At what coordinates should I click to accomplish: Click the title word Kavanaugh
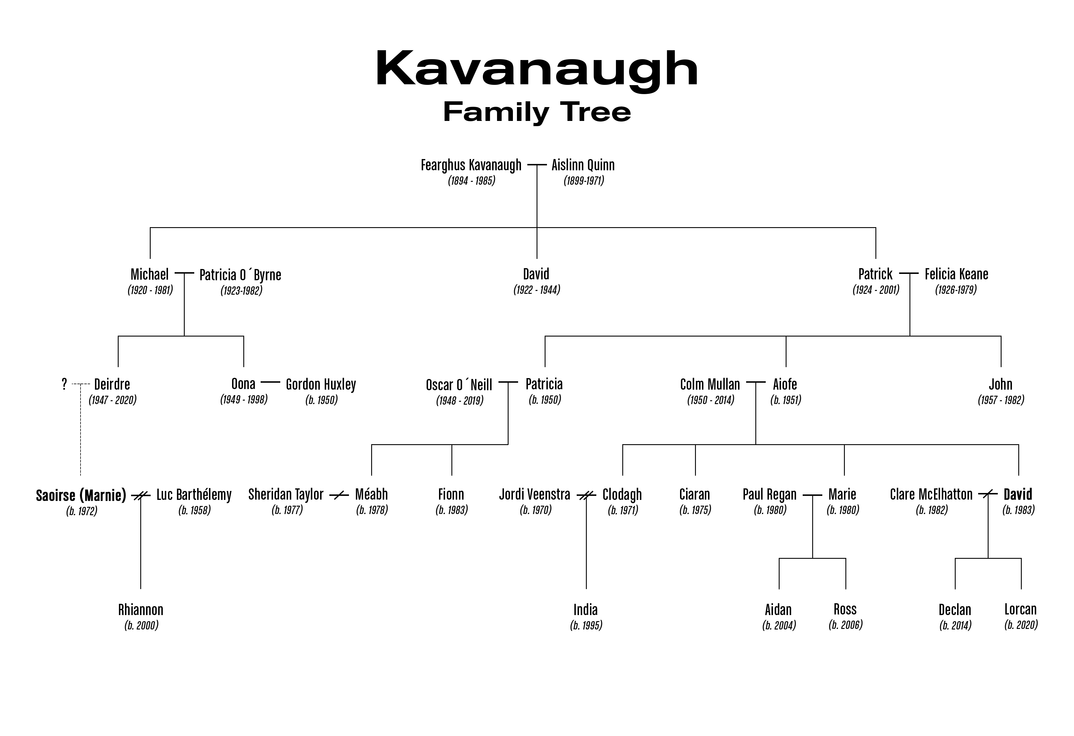537,69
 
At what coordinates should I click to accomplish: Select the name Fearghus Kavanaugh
471,165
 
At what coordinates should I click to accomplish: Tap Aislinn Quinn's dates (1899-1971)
584,181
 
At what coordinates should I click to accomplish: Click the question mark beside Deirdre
64,384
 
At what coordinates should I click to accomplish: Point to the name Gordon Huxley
321,384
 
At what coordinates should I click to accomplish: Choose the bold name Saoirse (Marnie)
81,496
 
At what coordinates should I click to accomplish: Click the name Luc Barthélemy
194,495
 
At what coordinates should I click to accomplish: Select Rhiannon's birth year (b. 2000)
141,625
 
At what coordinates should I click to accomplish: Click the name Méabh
371,495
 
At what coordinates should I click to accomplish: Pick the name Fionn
451,495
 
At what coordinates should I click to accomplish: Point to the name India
586,610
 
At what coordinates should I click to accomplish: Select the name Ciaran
694,495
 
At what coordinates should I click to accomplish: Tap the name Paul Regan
769,495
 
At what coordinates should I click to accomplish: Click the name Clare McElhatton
931,495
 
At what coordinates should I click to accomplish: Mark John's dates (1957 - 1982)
1001,400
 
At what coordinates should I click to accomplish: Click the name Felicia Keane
956,274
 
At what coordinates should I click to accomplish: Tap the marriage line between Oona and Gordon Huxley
270,382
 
